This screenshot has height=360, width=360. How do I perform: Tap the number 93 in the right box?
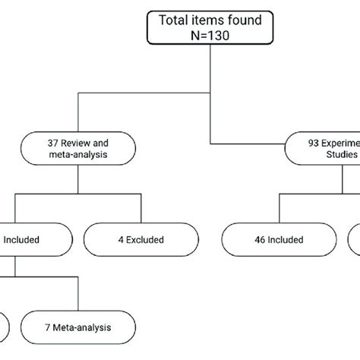click(308, 142)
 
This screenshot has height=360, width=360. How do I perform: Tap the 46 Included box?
click(271, 240)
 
